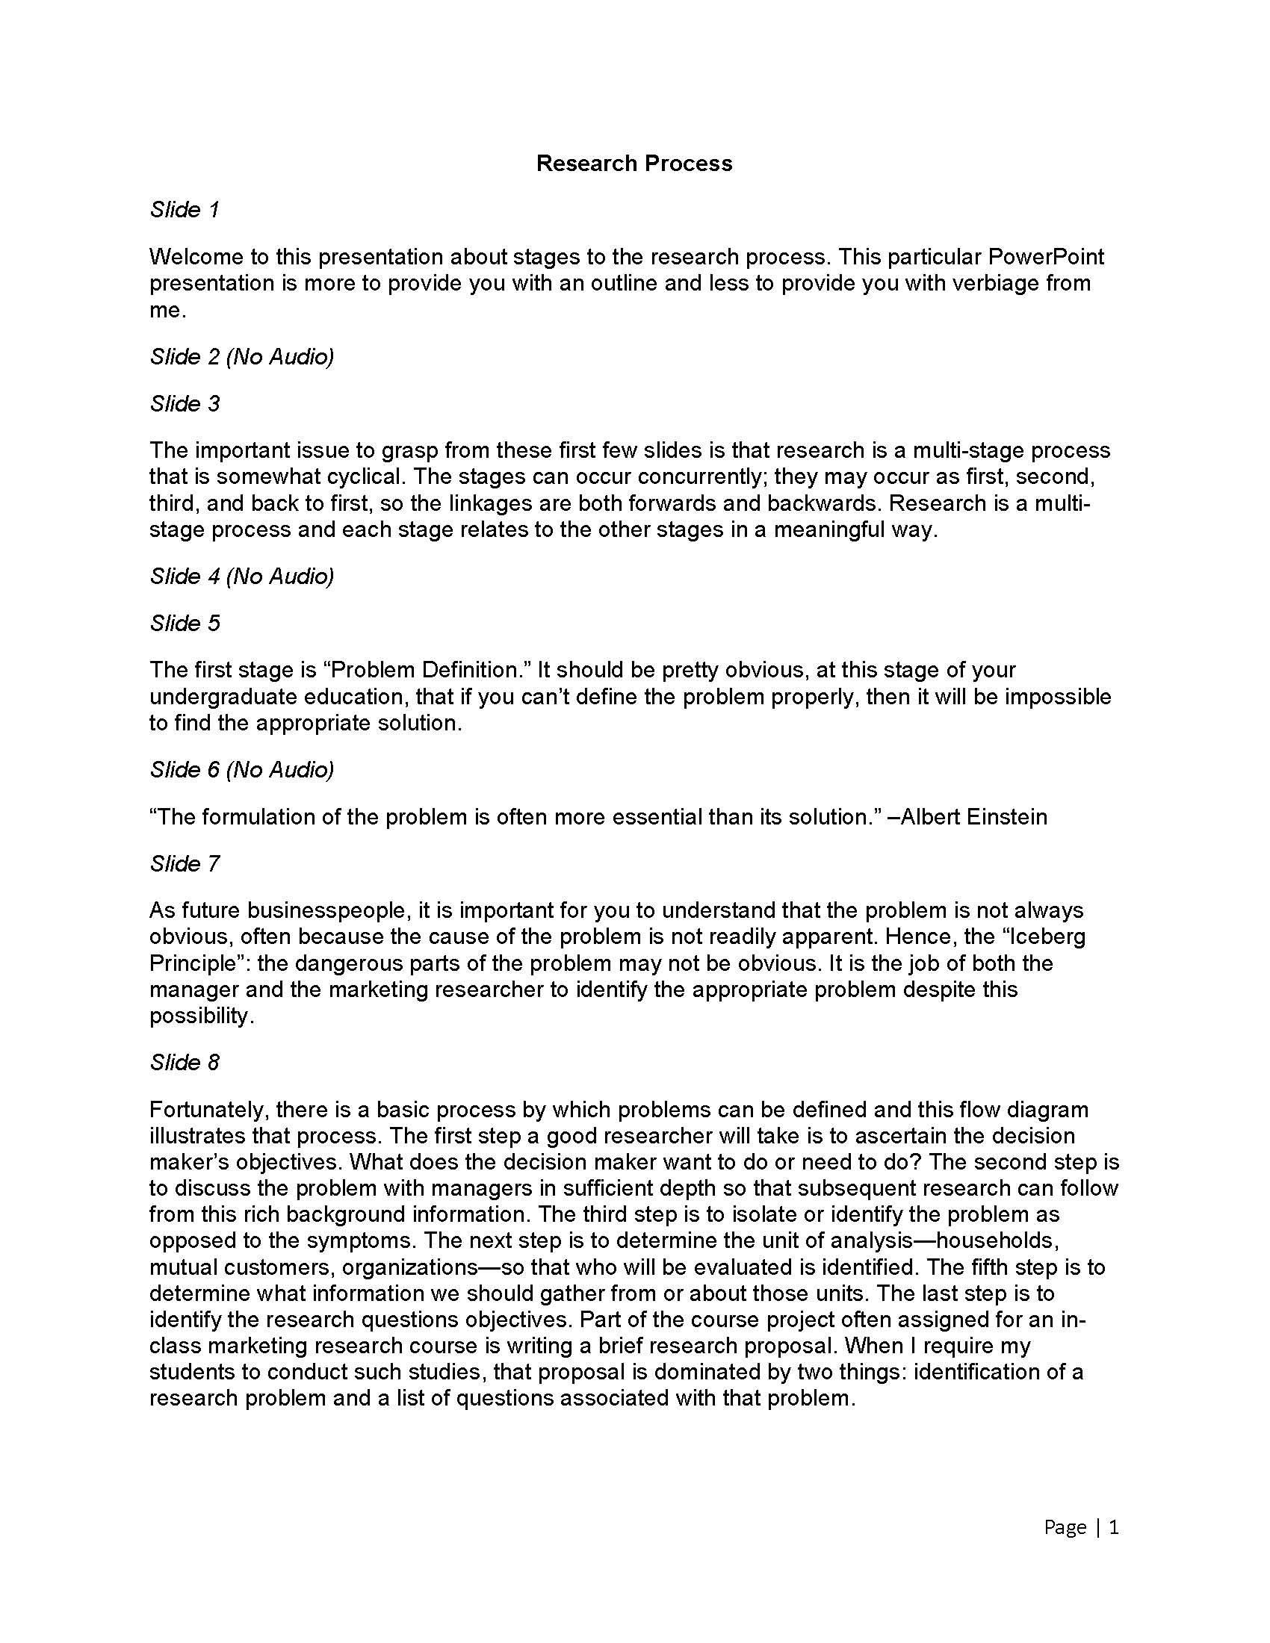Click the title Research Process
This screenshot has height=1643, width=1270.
[x=634, y=164]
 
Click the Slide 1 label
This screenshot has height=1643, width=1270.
[x=185, y=209]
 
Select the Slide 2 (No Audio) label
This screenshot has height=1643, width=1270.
[x=241, y=355]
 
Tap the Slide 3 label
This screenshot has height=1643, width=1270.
[x=185, y=403]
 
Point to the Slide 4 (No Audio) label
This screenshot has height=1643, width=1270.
[x=241, y=576]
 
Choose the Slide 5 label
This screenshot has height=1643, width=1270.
[x=185, y=623]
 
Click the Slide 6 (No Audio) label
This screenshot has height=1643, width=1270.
[x=241, y=768]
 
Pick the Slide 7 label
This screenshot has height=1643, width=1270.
[x=185, y=863]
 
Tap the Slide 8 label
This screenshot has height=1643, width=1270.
[x=185, y=1061]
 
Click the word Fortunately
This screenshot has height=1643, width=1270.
[x=208, y=1110]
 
